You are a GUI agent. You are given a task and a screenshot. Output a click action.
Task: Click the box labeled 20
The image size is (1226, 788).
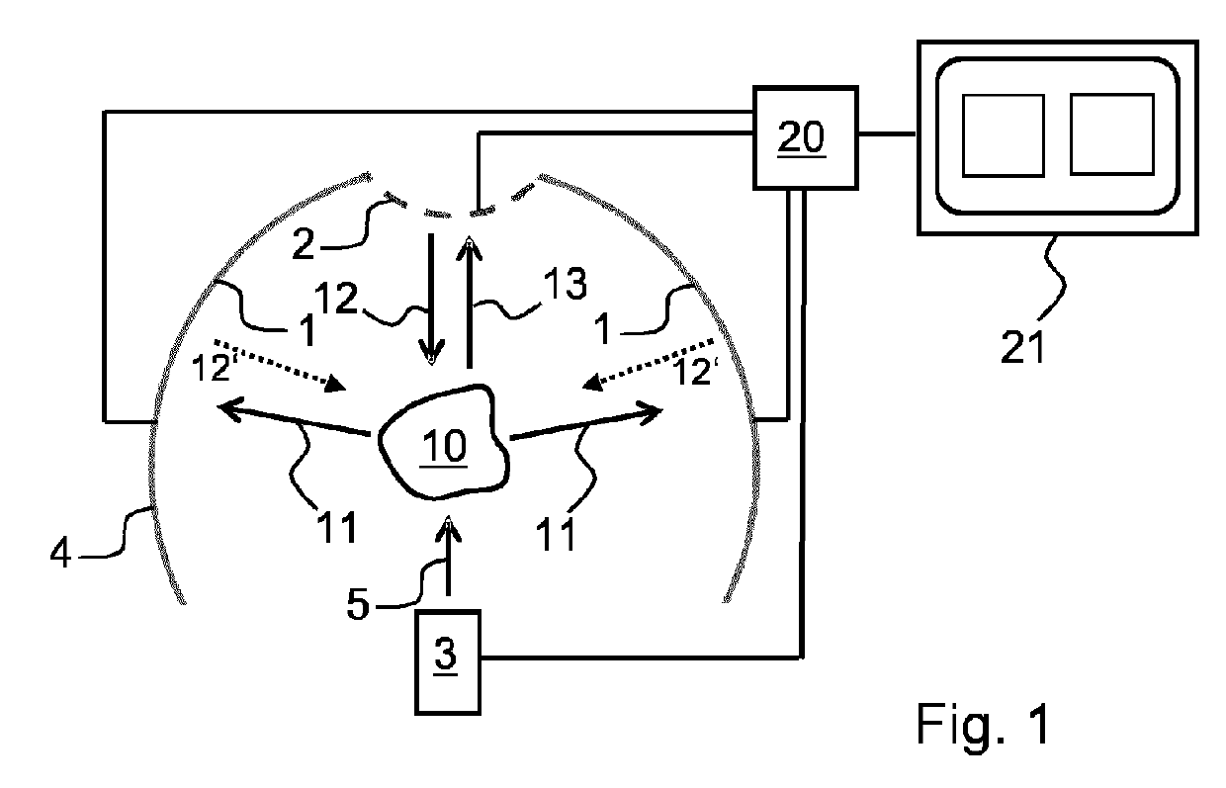[x=805, y=137]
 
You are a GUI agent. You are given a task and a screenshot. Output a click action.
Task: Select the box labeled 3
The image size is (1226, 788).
[x=448, y=662]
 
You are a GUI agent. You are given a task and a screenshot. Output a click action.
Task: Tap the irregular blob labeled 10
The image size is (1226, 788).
[x=444, y=442]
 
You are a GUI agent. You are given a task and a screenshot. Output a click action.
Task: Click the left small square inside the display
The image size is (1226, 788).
[x=1004, y=135]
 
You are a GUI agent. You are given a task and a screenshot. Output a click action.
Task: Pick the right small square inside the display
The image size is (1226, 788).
[x=1112, y=134]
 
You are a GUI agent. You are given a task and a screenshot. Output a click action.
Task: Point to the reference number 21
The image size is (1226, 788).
[x=1022, y=347]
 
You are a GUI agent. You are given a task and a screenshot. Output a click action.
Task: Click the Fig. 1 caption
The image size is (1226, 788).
[x=983, y=724]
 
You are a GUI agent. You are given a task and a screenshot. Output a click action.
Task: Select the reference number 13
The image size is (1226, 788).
[x=565, y=283]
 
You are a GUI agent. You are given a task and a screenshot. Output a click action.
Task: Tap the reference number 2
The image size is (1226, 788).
[x=304, y=244]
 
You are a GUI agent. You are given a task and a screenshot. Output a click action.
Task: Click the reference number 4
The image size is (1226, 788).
[x=60, y=552]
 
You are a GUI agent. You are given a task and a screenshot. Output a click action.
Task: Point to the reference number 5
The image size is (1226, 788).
[x=359, y=604]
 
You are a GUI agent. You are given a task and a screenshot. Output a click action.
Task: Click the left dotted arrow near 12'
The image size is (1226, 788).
[x=280, y=365]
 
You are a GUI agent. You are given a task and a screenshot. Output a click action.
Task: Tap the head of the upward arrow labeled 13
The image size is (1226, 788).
[x=469, y=246]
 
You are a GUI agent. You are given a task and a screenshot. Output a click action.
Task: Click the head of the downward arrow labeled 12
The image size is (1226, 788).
[x=431, y=353]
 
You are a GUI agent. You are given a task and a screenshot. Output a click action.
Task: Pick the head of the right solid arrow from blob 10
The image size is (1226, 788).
[x=652, y=413]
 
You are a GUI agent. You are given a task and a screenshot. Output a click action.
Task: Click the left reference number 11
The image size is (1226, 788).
[x=337, y=526]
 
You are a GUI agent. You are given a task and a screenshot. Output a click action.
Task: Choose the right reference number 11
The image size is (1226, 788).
[x=556, y=534]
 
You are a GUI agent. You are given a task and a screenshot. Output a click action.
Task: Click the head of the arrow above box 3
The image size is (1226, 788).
[x=448, y=529]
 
